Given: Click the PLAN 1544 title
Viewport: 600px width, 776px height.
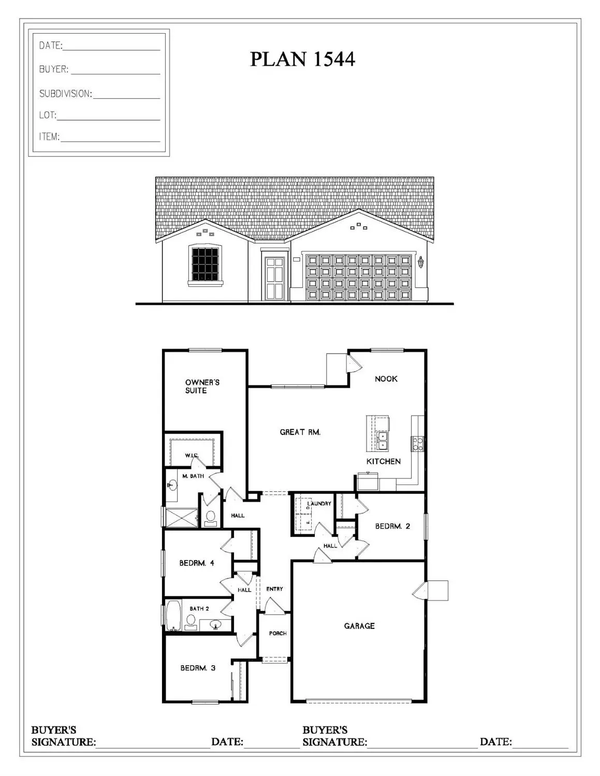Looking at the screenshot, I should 302,59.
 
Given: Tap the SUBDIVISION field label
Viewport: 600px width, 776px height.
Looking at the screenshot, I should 65,94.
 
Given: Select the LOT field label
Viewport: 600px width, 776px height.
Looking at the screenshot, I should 48,115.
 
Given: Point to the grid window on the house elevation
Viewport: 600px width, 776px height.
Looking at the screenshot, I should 206,264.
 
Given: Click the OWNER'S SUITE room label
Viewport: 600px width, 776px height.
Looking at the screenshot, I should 202,386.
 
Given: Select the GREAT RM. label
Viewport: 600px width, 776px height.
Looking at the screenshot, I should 300,432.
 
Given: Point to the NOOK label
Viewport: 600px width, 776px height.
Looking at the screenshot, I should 386,379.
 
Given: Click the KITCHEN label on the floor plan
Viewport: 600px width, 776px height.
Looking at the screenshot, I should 383,461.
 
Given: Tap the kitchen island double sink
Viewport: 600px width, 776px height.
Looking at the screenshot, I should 382,441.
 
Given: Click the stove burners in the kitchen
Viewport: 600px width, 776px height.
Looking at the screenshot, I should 418,444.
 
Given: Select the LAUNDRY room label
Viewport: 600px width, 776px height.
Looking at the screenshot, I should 319,503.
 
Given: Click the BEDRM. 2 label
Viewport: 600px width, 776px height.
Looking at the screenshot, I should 392,526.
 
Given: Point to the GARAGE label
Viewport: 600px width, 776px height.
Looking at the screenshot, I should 359,626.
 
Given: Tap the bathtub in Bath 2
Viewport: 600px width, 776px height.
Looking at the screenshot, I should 173,615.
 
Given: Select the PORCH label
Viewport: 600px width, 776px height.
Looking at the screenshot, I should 277,633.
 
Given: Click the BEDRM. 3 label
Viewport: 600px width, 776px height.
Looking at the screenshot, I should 198,668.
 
